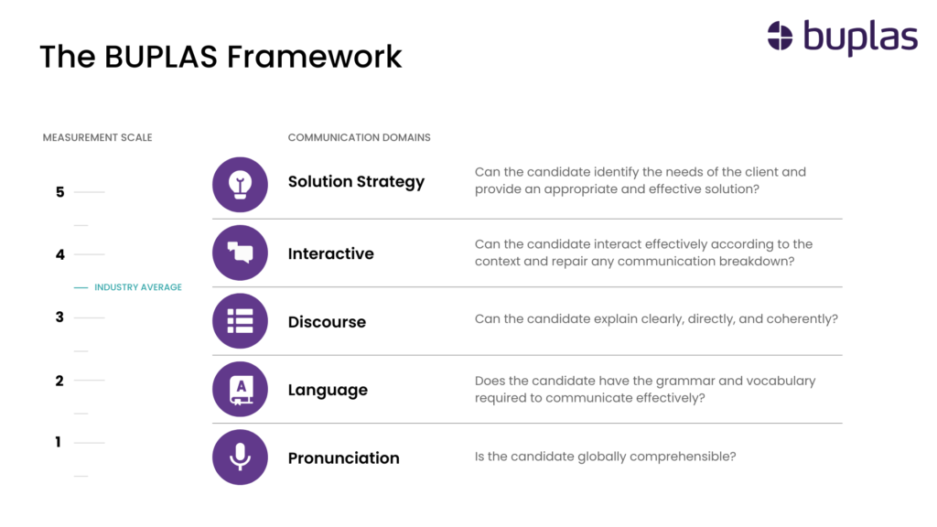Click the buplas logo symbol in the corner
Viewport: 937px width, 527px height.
coord(780,36)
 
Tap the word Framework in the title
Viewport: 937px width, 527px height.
coord(315,57)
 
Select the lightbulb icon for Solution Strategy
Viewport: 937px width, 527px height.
coord(241,185)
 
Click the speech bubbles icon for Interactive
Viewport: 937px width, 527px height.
coord(241,253)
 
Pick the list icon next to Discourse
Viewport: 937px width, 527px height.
coord(241,321)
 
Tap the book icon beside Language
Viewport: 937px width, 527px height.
coord(241,389)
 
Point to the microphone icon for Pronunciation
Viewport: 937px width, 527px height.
coord(241,457)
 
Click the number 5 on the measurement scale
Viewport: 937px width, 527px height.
coord(59,192)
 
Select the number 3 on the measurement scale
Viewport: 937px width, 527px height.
coord(59,317)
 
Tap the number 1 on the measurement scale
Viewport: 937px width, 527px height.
coord(58,442)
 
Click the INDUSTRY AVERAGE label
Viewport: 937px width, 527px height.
coord(138,287)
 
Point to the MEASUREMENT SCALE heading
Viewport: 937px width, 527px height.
coord(97,137)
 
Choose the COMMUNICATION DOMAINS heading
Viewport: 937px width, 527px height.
coord(359,137)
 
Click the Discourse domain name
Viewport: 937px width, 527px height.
coord(327,322)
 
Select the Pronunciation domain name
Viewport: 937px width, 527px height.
coord(344,458)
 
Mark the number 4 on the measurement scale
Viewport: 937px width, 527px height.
coord(59,254)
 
